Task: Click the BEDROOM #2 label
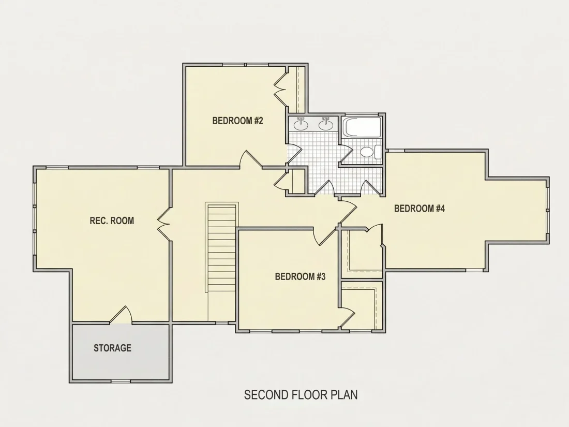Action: pos(237,121)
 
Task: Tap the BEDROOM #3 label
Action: pos(300,277)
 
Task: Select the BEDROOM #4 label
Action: pos(420,209)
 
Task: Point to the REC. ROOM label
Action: pos(112,220)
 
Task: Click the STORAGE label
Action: pos(112,348)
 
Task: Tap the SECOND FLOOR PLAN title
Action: pos(301,395)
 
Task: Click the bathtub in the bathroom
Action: pos(362,127)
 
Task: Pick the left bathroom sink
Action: pos(301,124)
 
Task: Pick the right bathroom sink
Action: pos(326,124)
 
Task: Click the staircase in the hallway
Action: pos(222,247)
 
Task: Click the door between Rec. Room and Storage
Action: pos(121,315)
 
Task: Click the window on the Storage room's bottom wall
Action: pos(120,381)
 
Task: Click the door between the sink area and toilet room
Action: pos(346,154)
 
